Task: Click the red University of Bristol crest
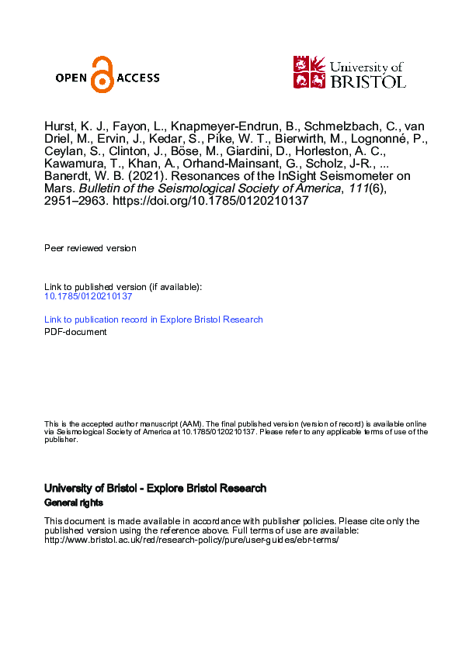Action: [307, 71]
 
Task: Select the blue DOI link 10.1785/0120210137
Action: [88, 296]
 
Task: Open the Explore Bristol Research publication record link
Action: [154, 320]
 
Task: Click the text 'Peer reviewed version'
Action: [90, 248]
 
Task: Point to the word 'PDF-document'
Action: [75, 332]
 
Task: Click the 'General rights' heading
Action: [73, 503]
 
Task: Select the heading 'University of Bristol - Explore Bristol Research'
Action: [155, 489]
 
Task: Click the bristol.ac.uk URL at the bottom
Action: [192, 540]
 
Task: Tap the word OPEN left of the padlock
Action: [71, 77]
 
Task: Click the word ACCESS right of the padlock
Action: [137, 77]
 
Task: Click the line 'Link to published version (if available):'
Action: [123, 287]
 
